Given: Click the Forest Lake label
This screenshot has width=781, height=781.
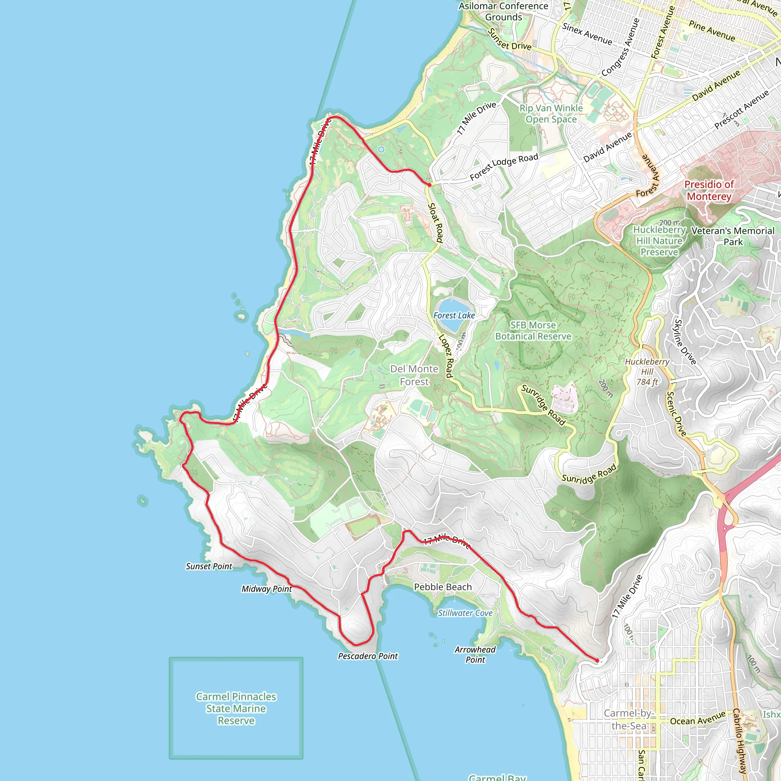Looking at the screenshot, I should click(x=454, y=315).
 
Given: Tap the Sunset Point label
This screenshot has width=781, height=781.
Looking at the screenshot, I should click(x=209, y=566).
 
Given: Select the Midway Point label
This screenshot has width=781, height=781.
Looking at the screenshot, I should click(x=267, y=589).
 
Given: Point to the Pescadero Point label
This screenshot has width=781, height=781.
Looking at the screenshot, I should click(x=368, y=656).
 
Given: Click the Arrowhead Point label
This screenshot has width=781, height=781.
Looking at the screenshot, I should click(x=475, y=654).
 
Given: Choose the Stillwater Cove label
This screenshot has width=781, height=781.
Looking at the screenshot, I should click(x=465, y=613).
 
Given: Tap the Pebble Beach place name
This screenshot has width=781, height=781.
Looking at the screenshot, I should click(x=443, y=587).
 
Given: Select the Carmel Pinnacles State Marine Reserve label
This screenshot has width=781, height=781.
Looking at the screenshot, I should click(x=236, y=709).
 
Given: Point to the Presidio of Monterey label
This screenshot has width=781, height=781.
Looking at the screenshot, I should click(x=709, y=190).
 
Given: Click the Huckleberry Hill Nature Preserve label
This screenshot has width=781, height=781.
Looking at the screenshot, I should click(x=659, y=241).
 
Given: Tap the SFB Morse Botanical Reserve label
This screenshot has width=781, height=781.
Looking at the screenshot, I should click(x=533, y=331).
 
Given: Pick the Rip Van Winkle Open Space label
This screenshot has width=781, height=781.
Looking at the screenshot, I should click(x=551, y=114).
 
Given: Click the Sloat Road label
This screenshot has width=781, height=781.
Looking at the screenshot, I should click(x=435, y=223).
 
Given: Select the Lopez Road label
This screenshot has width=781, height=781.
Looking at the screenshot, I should click(x=445, y=356).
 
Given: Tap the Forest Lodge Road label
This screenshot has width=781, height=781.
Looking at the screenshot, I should click(x=504, y=167).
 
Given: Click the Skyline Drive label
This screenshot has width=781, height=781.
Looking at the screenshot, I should click(x=685, y=342).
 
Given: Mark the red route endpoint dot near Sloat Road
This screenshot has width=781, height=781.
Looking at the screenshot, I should click(x=429, y=185).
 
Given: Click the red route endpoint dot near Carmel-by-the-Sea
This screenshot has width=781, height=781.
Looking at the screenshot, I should click(x=597, y=660).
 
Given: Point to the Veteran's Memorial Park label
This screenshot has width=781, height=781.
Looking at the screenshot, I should click(x=733, y=236).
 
